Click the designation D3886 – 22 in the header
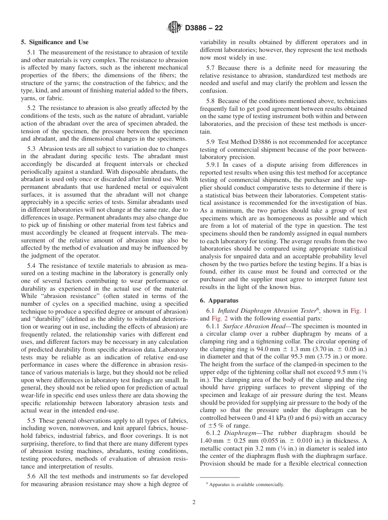pyautogui.click(x=204, y=28)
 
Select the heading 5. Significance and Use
pyautogui.click(x=54, y=42)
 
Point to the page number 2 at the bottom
pyautogui.click(x=194, y=502)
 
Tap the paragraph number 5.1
pyautogui.click(x=32, y=52)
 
